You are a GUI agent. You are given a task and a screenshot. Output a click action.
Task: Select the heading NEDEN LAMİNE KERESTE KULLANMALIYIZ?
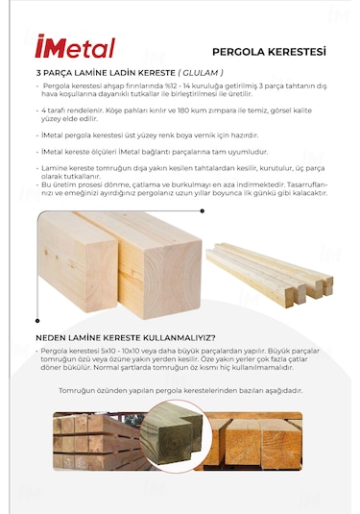point(125,337)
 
